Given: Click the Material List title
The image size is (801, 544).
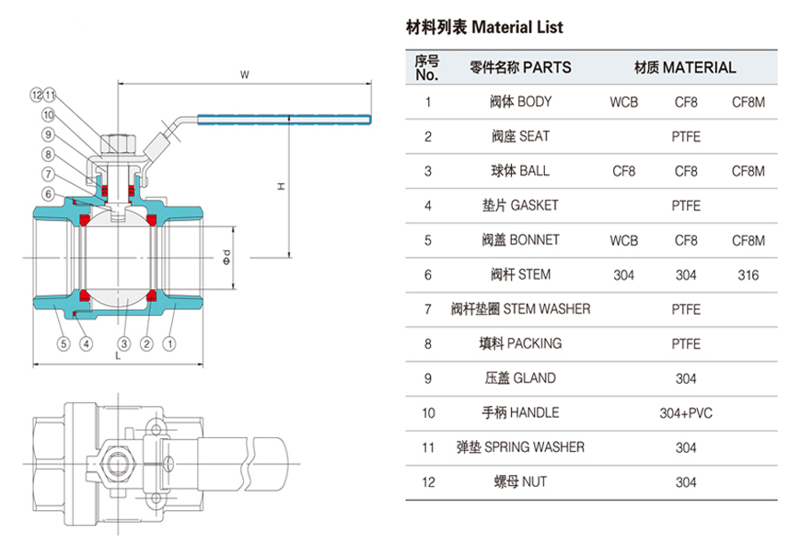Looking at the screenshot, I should pyautogui.click(x=484, y=28).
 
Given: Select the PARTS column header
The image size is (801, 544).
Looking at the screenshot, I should pyautogui.click(x=520, y=67).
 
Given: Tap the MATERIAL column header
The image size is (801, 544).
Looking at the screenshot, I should pyautogui.click(x=685, y=67).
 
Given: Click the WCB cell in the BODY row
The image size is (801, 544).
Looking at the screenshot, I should pyautogui.click(x=623, y=102).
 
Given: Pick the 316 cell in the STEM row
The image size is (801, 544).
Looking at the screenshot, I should pyautogui.click(x=748, y=275).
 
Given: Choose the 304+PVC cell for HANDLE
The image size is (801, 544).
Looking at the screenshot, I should pyautogui.click(x=686, y=413).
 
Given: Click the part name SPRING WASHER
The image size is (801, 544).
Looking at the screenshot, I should pyautogui.click(x=520, y=447).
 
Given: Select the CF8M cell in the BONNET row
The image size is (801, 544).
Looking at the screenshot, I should pyautogui.click(x=748, y=240).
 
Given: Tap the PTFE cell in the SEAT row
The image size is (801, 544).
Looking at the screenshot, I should pyautogui.click(x=686, y=137).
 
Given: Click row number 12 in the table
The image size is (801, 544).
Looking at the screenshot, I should pyautogui.click(x=428, y=482).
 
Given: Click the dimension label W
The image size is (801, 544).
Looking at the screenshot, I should pyautogui.click(x=244, y=73).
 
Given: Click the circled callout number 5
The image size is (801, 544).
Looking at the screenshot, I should pyautogui.click(x=63, y=344).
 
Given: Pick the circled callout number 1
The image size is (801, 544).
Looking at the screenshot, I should pyautogui.click(x=169, y=344).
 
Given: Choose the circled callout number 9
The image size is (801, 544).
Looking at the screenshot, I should pyautogui.click(x=48, y=134).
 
